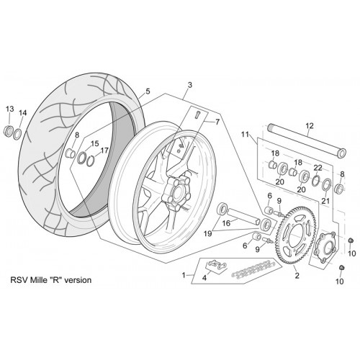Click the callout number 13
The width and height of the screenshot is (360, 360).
pos(10,109)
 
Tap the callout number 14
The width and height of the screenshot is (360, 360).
pos(23,113)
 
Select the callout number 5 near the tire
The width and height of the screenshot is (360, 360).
pos(148,91)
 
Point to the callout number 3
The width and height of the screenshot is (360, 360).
pos(190,85)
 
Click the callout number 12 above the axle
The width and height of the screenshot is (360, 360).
pos(310,125)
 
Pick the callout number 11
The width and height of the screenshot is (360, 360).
pos(245,134)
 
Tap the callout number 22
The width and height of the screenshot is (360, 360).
pos(318,168)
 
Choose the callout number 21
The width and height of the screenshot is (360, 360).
pos(325,201)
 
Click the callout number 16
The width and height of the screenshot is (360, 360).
pos(226,223)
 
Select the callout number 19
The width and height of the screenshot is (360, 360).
pos(208,233)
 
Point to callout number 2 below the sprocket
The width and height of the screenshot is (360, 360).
pos(297,276)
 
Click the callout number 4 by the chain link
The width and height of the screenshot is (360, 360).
pos(204,278)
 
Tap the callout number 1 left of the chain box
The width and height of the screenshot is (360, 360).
pos(184,275)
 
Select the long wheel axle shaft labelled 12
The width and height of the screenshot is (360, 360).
pos(307,139)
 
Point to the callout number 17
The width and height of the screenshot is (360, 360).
pos(104,150)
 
